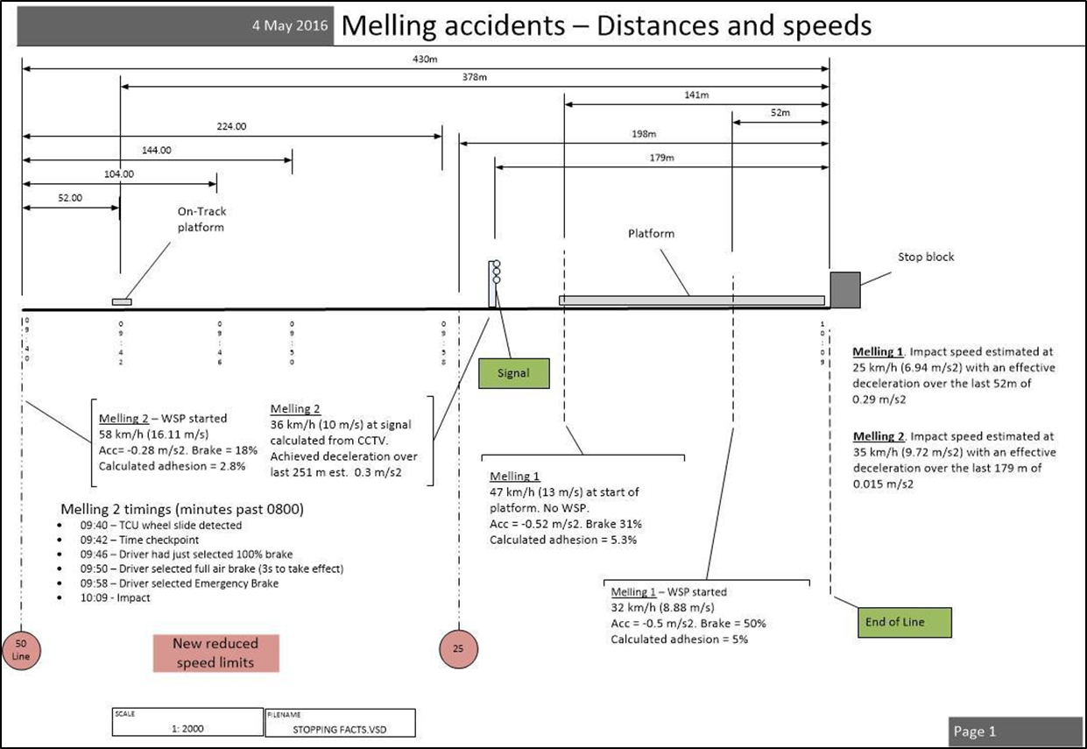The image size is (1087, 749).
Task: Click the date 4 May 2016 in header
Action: [288, 26]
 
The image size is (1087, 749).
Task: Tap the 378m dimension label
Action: [476, 78]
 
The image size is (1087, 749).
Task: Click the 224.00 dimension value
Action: [231, 126]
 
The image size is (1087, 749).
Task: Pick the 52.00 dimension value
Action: [70, 198]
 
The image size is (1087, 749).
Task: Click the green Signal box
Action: [513, 372]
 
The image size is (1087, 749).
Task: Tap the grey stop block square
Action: [845, 290]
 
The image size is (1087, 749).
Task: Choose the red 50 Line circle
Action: [21, 649]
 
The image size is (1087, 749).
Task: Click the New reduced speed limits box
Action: [215, 653]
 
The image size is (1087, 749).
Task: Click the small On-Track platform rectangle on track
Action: [122, 301]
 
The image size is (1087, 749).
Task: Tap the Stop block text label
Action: [926, 258]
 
